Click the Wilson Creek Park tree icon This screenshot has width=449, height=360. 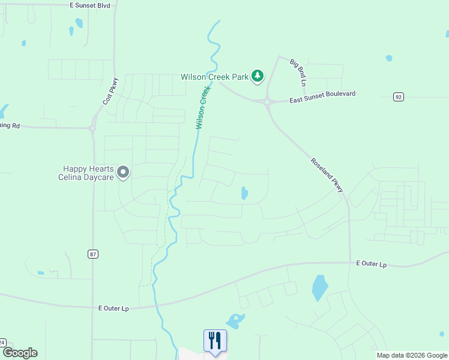pyautogui.click(x=258, y=76)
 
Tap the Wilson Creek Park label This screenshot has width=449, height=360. pyautogui.click(x=214, y=77)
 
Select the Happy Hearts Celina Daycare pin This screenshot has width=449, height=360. pyautogui.click(x=124, y=173)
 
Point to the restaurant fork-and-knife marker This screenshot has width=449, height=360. pyautogui.click(x=215, y=341)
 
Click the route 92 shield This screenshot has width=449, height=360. pyautogui.click(x=399, y=97)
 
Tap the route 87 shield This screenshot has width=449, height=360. pyautogui.click(x=92, y=254)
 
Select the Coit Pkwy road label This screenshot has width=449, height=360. pyautogui.click(x=110, y=91)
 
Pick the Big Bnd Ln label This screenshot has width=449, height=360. pyautogui.click(x=298, y=72)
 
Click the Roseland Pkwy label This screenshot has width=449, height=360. pyautogui.click(x=327, y=175)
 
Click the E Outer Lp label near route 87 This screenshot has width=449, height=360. pyautogui.click(x=114, y=308)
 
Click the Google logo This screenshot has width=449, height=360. pyautogui.click(x=19, y=353)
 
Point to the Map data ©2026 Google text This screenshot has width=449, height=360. pyautogui.click(x=411, y=355)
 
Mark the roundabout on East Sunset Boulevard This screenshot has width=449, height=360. pyautogui.click(x=266, y=101)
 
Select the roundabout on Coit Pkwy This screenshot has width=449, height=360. pyautogui.click(x=92, y=128)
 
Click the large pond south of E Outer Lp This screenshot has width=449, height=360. pyautogui.click(x=320, y=288)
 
